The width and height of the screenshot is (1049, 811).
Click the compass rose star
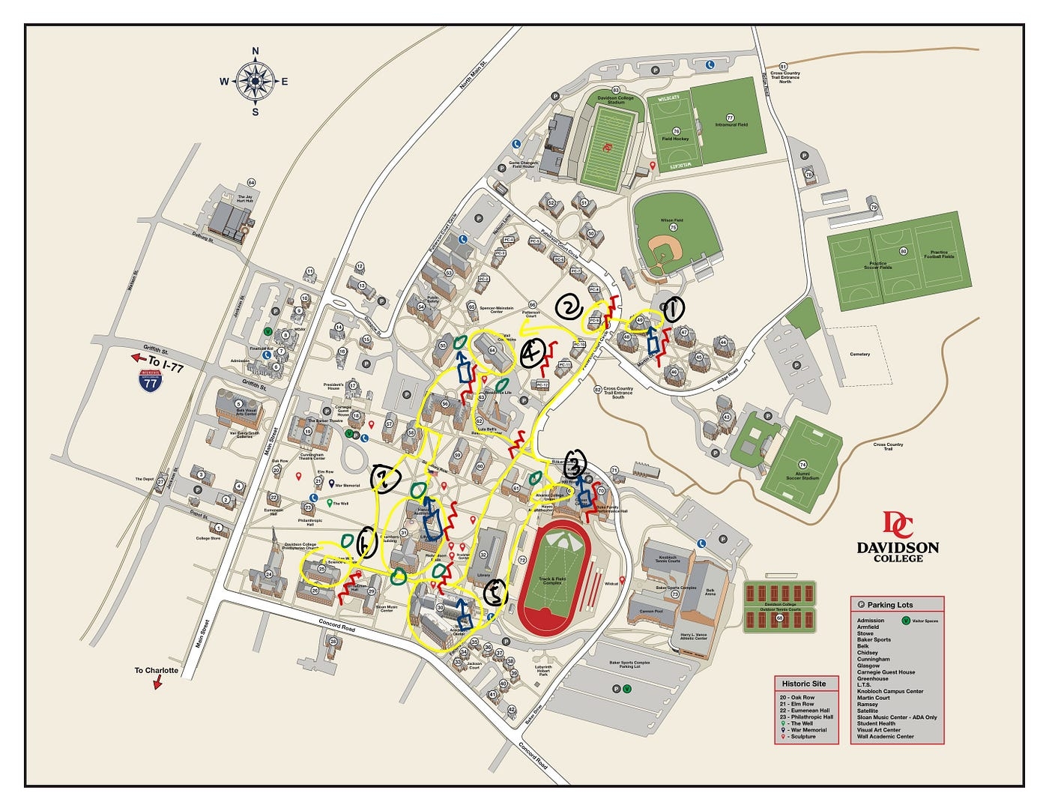(256, 82)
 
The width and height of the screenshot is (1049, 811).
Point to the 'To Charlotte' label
(156, 670)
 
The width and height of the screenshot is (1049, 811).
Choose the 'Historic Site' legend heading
(803, 684)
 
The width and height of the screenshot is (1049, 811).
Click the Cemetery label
(859, 354)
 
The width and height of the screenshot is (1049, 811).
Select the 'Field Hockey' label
(675, 139)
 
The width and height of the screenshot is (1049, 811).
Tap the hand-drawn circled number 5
(495, 594)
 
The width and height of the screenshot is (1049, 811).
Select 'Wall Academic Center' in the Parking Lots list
(885, 736)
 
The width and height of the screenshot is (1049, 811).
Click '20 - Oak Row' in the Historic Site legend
(798, 698)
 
